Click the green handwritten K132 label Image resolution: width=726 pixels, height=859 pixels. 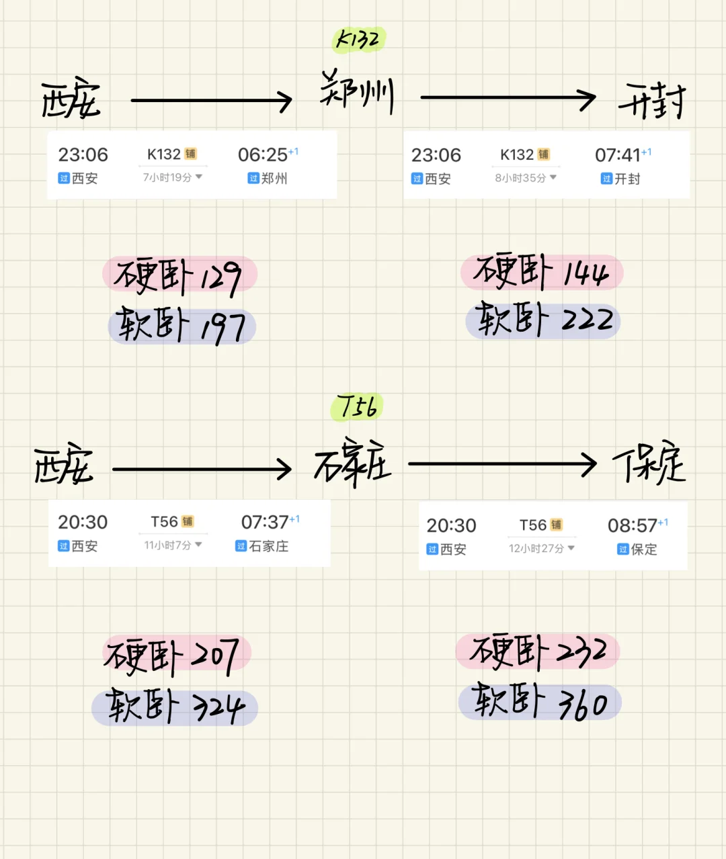pos(358,40)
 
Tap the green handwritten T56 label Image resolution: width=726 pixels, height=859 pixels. pos(357,407)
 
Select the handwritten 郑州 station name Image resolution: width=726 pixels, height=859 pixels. pos(357,93)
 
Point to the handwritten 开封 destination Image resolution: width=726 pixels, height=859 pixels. pos(651,101)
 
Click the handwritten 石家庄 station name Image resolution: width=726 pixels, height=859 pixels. pos(353,463)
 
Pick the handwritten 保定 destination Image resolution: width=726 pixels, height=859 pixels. pos(649,463)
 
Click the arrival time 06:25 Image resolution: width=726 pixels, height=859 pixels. pos(262,155)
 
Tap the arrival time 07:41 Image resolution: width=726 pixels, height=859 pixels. pos(618,155)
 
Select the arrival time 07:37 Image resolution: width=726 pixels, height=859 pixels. pos(265,523)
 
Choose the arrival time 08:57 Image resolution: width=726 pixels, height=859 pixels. pos(632,525)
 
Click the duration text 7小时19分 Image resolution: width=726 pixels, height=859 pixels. pos(168,177)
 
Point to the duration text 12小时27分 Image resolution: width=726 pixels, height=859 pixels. pos(536,549)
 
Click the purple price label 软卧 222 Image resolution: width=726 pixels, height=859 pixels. pos(543,321)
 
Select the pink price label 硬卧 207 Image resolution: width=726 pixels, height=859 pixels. pos(176,654)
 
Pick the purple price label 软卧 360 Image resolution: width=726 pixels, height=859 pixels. pos(540,703)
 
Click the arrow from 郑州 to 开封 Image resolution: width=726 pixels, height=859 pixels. pos(508,98)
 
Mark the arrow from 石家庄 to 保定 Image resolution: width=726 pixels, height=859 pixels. pos(502,463)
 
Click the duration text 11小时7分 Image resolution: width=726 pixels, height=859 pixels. pos(168,545)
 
